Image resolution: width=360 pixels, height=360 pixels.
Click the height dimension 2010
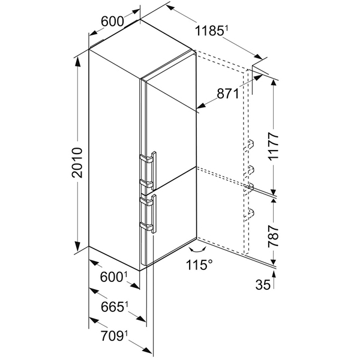tap(77, 163)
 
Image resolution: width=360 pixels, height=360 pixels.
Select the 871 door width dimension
tap(228, 94)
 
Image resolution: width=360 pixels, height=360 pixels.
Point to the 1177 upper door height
tap(274, 146)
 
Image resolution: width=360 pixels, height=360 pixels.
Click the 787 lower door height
tap(274, 236)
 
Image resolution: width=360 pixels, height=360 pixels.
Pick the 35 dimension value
tap(263, 285)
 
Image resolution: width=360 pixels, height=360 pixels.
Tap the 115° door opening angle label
tap(199, 265)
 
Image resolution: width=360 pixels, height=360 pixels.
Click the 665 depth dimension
tap(114, 307)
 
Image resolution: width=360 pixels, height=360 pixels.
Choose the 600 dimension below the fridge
tap(113, 277)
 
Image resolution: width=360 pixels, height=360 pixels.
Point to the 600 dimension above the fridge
tap(112, 22)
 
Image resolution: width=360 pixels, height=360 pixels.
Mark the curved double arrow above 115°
tap(197, 250)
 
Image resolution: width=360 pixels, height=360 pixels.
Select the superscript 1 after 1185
tap(226, 28)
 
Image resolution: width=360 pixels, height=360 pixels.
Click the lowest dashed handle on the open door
tap(249, 214)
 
